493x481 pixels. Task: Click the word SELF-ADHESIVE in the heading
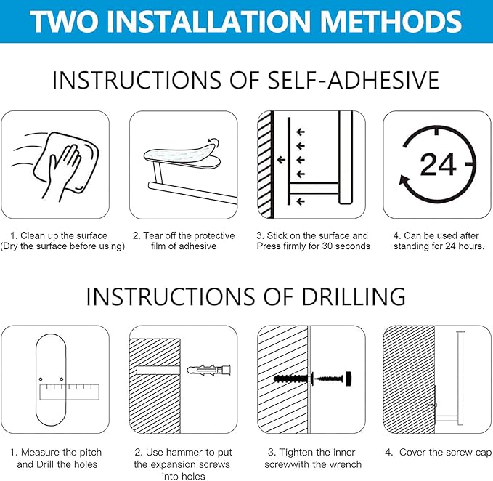(353, 80)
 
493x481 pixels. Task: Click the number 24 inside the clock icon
(438, 164)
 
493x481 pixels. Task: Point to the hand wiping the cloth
(65, 170)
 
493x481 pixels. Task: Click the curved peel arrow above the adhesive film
(214, 142)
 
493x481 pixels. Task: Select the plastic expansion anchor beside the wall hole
(209, 370)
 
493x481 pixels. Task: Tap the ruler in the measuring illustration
(69, 392)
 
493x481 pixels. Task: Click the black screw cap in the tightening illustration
(348, 379)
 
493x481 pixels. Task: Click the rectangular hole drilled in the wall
(158, 370)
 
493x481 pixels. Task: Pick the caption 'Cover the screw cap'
(445, 453)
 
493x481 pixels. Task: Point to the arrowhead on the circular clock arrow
(405, 182)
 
